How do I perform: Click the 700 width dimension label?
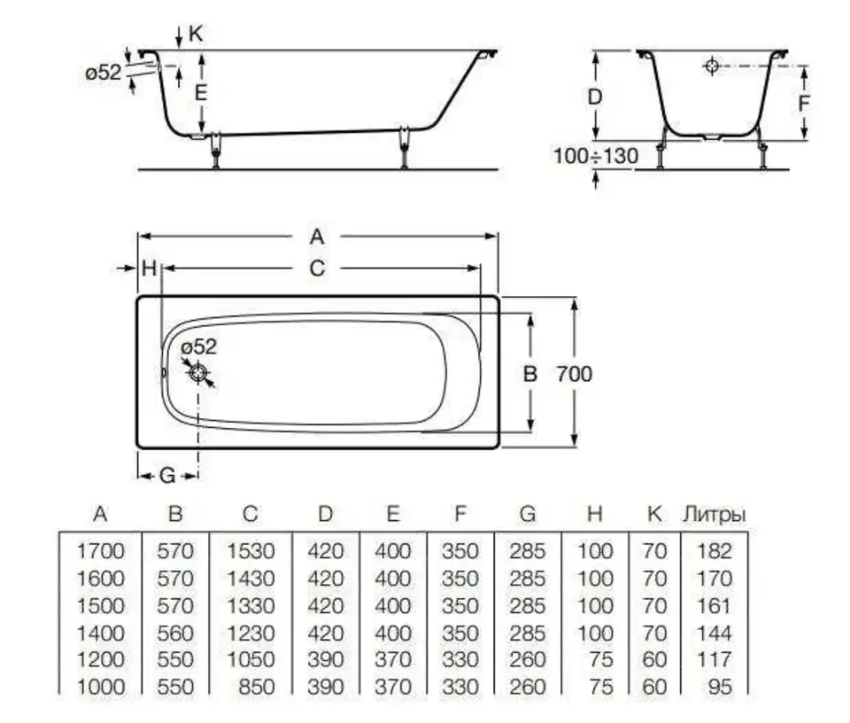pos(574,374)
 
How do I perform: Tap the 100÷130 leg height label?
pos(595,156)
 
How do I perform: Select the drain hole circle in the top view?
pos(198,373)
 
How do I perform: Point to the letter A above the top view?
pos(317,237)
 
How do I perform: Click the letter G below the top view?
pos(167,476)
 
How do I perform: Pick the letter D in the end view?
pos(595,97)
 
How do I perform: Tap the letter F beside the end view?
pos(805,103)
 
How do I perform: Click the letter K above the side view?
pos(195,34)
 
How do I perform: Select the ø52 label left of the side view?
pos(103,73)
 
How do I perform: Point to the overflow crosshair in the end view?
pos(712,66)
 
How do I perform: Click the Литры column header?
pos(714,514)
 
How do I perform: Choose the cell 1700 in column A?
pos(100,551)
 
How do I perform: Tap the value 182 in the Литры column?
pos(715,551)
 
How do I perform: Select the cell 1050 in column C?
pos(251,659)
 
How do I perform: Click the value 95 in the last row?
pos(721,687)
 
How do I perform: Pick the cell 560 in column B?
pos(175,633)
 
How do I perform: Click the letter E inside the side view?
pos(201,93)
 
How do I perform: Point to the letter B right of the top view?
pos(530,374)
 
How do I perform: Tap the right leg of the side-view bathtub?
pos(404,148)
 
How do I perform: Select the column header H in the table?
pos(595,514)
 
